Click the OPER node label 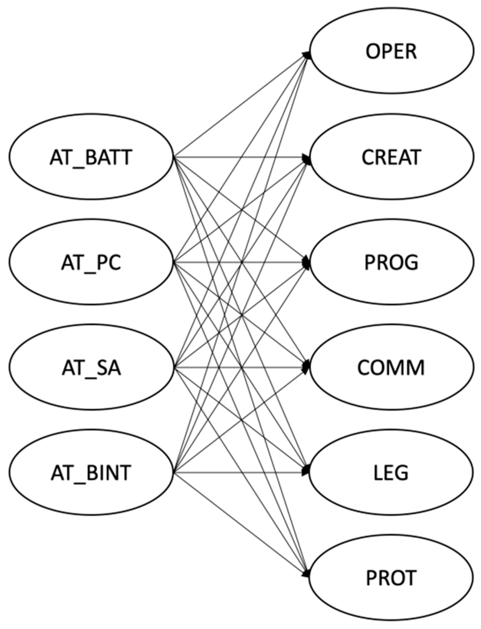tap(391, 52)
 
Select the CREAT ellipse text tap(391, 157)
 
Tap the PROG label tap(391, 263)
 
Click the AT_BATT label tap(91, 157)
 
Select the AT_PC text tap(91, 263)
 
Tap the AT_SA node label tap(91, 368)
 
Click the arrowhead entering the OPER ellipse tap(307, 55)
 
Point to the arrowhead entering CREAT tap(307, 159)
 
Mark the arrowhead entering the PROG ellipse tap(307, 263)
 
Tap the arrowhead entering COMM tap(307, 367)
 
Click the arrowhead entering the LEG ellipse tap(307, 471)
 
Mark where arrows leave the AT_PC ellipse tap(174, 263)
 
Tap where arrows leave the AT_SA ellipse tap(174, 367)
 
